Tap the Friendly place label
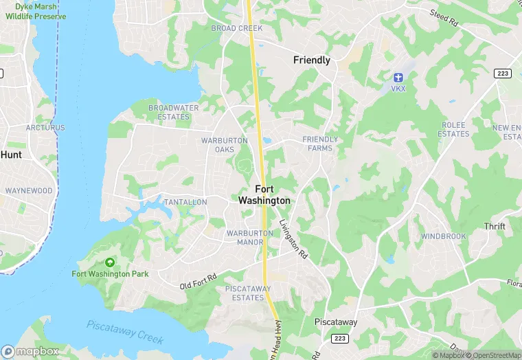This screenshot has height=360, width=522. (x=312, y=60)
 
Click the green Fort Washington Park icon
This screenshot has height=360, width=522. (x=110, y=262)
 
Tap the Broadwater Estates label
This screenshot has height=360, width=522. (x=174, y=112)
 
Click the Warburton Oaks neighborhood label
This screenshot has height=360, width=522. (x=224, y=145)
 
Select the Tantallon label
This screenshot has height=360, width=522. (x=185, y=202)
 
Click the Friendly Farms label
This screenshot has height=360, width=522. (x=320, y=144)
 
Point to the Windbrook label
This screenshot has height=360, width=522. (x=444, y=236)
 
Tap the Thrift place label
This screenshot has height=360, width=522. (x=495, y=226)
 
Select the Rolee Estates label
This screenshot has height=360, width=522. (x=453, y=129)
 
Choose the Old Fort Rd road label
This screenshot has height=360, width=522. (x=198, y=281)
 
